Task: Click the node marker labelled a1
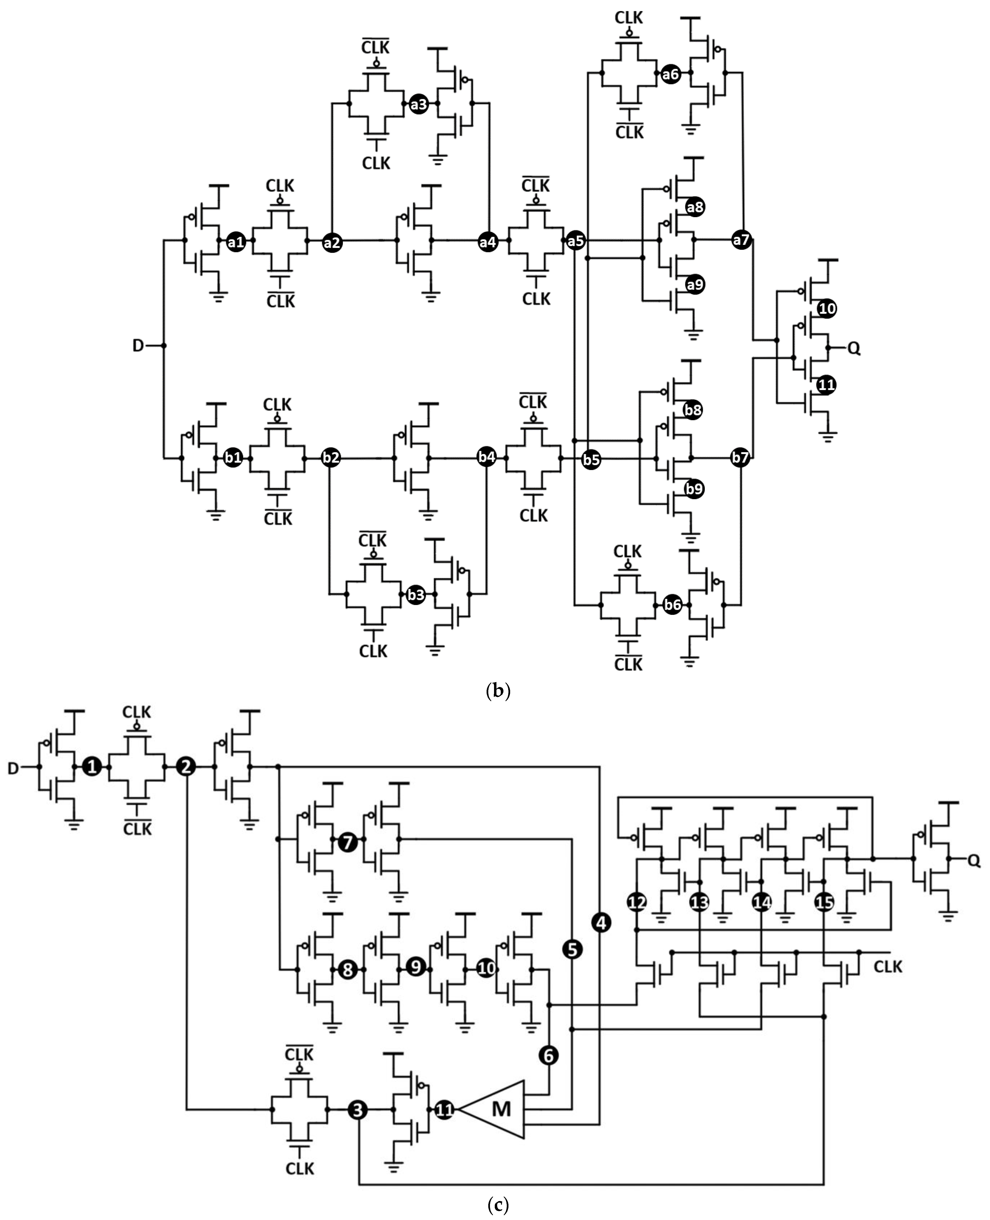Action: tap(235, 242)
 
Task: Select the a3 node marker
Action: tap(419, 104)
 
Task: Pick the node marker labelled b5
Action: tap(591, 460)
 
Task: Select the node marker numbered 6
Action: tap(549, 1055)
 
